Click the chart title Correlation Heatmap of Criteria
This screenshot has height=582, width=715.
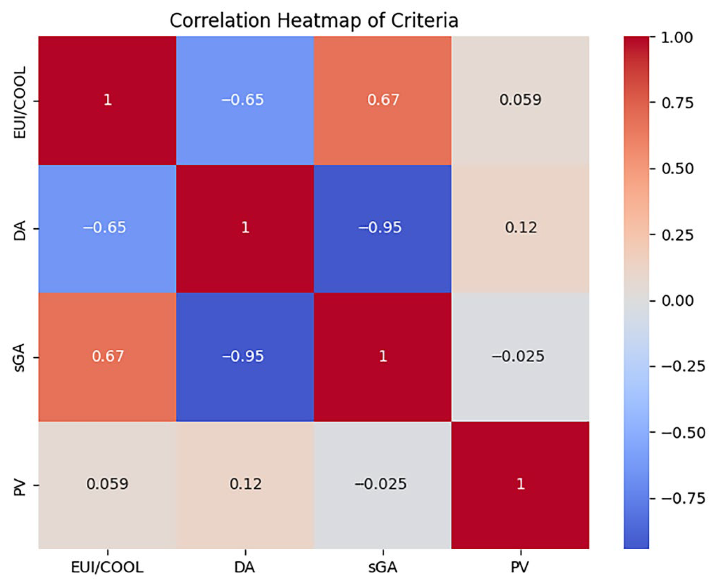coord(314,21)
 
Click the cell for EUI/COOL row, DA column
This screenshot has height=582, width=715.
coord(245,101)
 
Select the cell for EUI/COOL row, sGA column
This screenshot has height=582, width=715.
coord(382,101)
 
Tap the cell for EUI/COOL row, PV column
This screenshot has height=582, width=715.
coord(520,101)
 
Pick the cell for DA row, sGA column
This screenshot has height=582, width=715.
coord(382,229)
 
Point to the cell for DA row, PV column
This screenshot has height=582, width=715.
coord(520,229)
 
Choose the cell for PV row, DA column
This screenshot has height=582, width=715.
coord(245,485)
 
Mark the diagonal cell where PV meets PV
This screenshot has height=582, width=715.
coord(520,485)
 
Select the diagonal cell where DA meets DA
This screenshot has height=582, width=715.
coord(245,229)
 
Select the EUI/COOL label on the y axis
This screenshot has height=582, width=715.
coord(20,102)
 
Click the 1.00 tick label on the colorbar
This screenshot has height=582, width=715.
coord(677,38)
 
